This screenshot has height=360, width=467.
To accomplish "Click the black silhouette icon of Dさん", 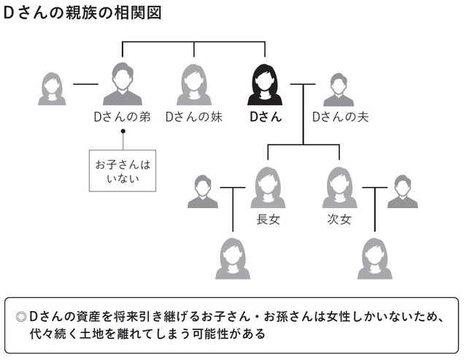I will click(x=266, y=85).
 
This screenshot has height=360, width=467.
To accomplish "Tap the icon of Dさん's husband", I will click(x=339, y=90).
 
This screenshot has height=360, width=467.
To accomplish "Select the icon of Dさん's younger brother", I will click(x=122, y=85).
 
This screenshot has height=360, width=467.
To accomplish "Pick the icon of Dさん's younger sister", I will click(x=193, y=85).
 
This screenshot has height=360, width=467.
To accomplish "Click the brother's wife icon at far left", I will click(x=52, y=89).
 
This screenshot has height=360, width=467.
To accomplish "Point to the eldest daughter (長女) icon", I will click(x=268, y=188).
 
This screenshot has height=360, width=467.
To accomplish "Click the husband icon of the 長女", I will click(x=203, y=192).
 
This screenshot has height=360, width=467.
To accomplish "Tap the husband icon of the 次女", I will click(x=402, y=192).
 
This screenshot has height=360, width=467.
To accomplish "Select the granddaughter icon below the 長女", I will click(x=233, y=258).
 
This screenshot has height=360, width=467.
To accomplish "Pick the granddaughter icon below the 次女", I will click(x=374, y=258).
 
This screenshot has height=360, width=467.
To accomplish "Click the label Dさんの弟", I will click(x=122, y=117).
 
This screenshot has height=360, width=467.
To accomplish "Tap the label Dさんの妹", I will click(x=193, y=117).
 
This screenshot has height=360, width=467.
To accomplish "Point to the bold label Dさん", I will click(x=266, y=117).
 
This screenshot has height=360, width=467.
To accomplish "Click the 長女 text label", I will click(x=268, y=219).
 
